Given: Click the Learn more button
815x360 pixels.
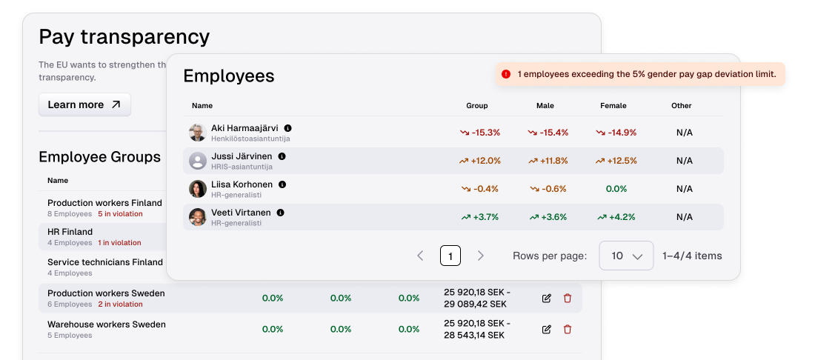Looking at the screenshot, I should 84,104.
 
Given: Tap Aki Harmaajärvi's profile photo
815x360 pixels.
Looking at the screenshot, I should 197,133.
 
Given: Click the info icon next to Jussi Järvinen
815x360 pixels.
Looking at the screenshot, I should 282,156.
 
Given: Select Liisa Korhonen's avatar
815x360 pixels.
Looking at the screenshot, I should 197,189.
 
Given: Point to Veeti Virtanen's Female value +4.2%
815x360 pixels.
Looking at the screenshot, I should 616,217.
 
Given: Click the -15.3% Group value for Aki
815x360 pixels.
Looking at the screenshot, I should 480,133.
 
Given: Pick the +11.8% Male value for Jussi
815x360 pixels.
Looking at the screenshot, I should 548,161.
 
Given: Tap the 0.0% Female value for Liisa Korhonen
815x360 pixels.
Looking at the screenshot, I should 616,189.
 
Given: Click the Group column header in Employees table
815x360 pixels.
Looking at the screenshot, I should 477,106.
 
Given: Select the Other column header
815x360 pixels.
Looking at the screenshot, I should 682,106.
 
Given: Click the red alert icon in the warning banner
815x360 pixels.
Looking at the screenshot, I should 506,74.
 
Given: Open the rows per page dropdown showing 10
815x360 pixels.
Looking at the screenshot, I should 626,256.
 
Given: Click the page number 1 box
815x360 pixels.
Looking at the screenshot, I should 450,256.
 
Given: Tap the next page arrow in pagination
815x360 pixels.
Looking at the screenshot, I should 481,256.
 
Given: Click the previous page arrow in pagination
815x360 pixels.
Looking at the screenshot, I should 420,256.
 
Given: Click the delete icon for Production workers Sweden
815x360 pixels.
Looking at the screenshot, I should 568,299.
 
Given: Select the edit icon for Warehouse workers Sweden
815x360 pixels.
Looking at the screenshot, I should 547,329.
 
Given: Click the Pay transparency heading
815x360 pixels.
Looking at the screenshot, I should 124,36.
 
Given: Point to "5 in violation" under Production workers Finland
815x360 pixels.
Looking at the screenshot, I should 120,214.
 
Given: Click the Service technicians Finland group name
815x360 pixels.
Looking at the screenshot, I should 105,262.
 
